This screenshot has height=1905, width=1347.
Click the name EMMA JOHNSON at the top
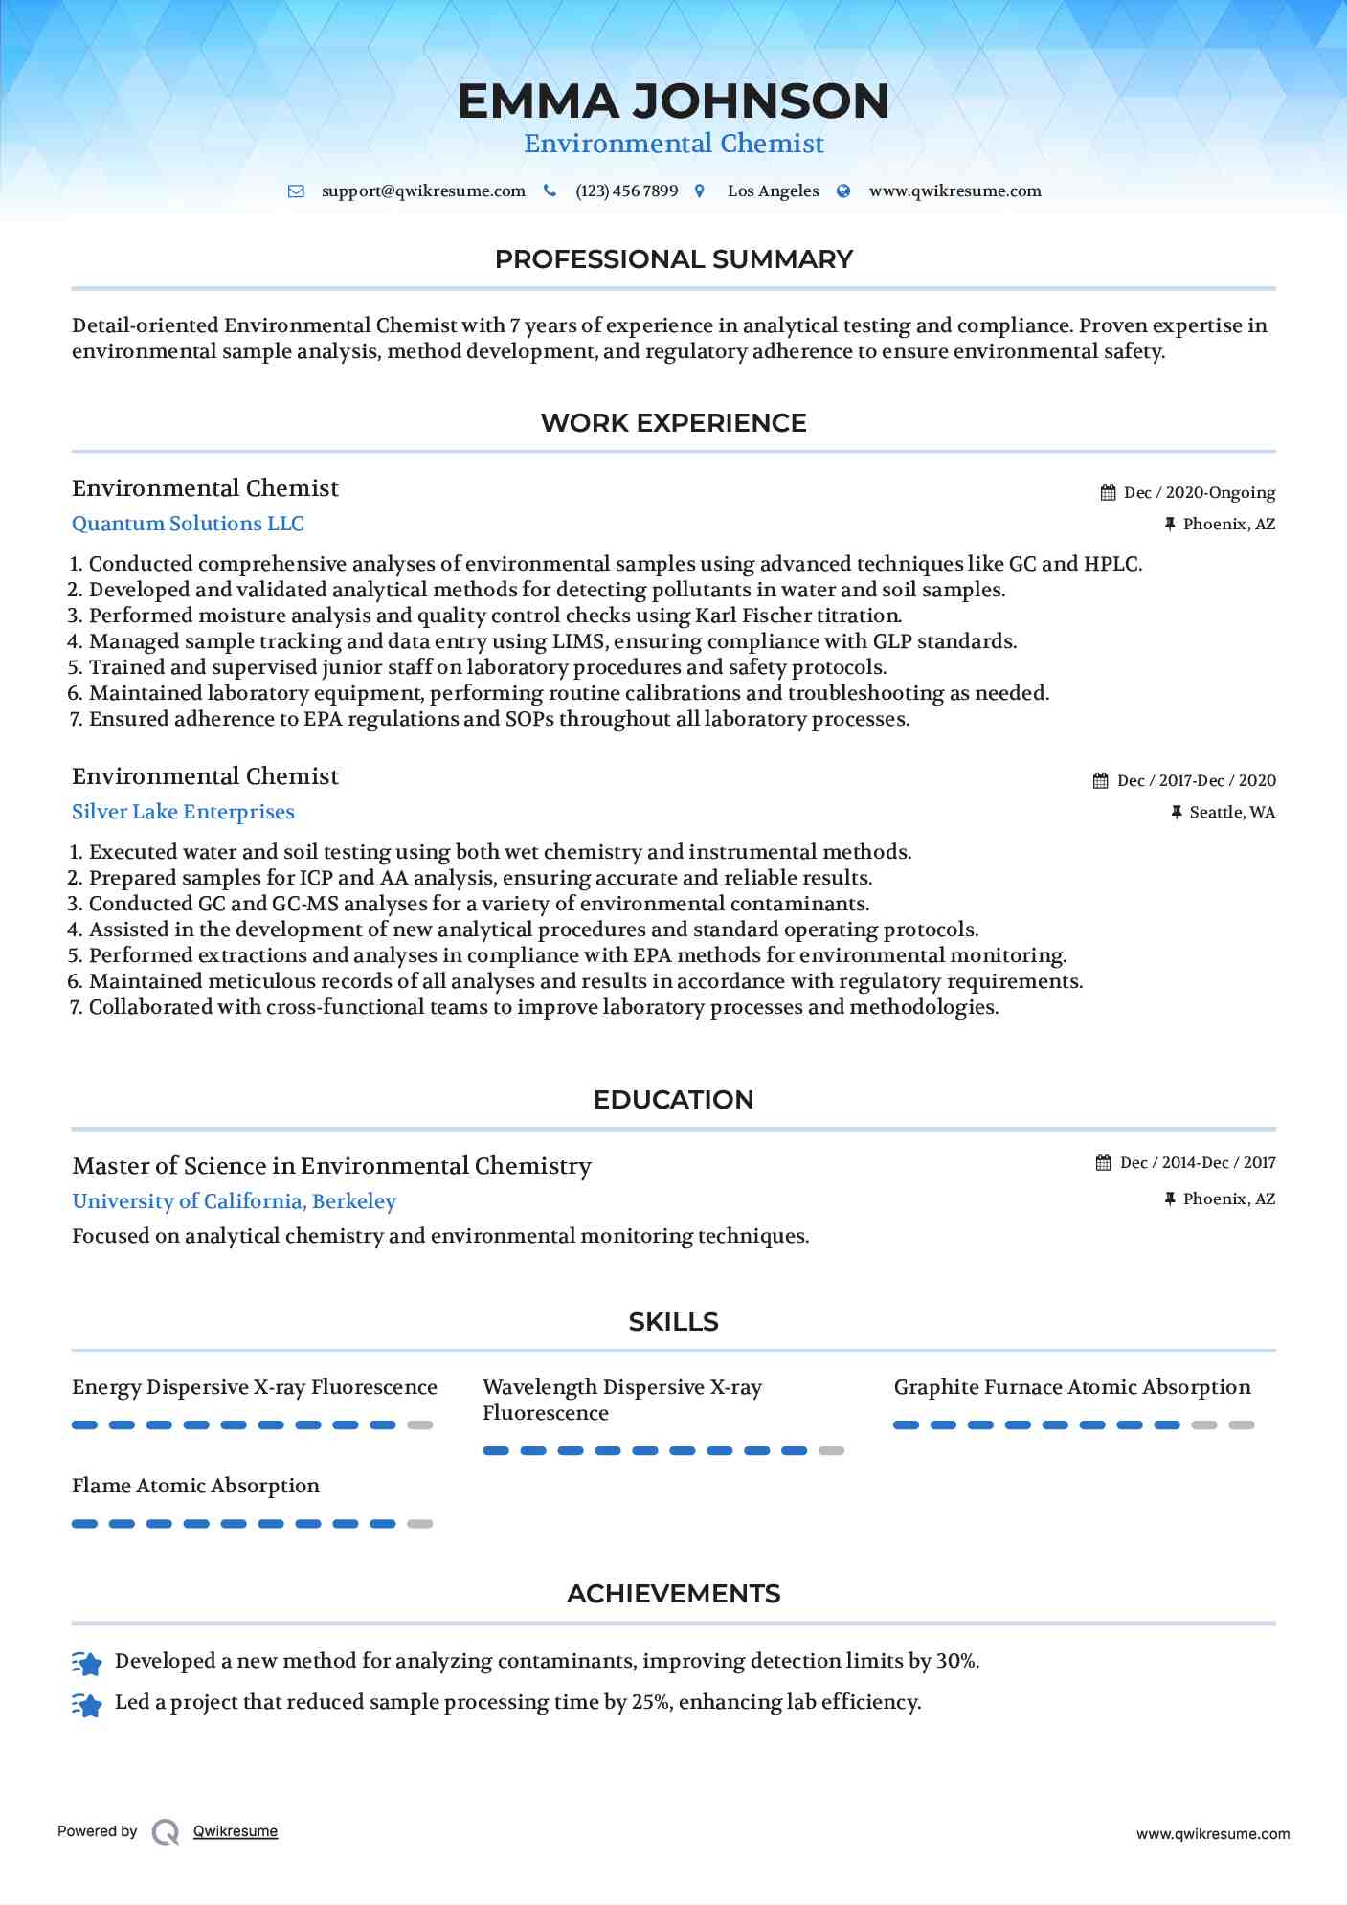pyautogui.click(x=673, y=101)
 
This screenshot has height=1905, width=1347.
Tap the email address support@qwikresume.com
pyautogui.click(x=423, y=191)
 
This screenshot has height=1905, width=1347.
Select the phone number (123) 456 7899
pyautogui.click(x=626, y=191)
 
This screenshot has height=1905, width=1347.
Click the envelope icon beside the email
pyautogui.click(x=296, y=191)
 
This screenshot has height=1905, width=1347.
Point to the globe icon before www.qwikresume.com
pyautogui.click(x=843, y=191)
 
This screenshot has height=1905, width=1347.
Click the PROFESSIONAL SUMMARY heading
pyautogui.click(x=673, y=259)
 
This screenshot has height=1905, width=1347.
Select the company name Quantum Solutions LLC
pyautogui.click(x=188, y=524)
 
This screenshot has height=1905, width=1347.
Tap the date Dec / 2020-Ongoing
pyautogui.click(x=1199, y=493)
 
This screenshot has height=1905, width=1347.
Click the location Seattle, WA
pyautogui.click(x=1232, y=813)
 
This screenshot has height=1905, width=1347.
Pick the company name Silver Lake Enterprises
pyautogui.click(x=183, y=812)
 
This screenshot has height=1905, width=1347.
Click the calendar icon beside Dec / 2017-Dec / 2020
pyautogui.click(x=1101, y=781)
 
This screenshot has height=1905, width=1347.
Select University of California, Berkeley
pyautogui.click(x=234, y=1201)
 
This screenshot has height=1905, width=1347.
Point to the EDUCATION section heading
pyautogui.click(x=673, y=1100)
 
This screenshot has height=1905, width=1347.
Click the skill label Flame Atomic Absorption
pyautogui.click(x=195, y=1486)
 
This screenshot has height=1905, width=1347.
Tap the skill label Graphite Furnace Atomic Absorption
pyautogui.click(x=1072, y=1387)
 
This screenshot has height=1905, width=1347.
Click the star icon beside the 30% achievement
pyautogui.click(x=87, y=1664)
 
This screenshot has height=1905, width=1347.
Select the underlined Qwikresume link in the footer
pyautogui.click(x=236, y=1831)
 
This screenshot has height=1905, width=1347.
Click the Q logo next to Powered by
pyautogui.click(x=166, y=1832)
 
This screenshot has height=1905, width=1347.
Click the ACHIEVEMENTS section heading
pyautogui.click(x=673, y=1594)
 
